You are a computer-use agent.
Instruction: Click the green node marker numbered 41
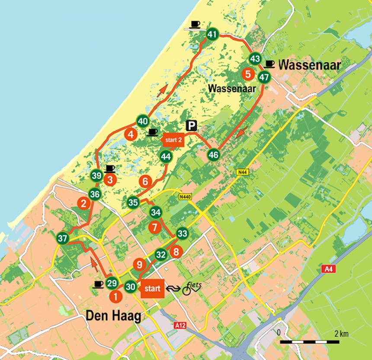point(212,34)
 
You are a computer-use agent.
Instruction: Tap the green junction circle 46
point(213,154)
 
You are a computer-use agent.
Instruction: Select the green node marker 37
point(63,238)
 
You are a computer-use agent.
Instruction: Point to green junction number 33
point(183,234)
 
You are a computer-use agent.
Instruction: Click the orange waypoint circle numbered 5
point(248,74)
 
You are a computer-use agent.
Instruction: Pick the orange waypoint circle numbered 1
point(115,296)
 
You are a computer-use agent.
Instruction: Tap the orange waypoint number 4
point(130,134)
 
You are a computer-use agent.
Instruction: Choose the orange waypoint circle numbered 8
point(176,252)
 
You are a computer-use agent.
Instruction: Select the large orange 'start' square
point(152,288)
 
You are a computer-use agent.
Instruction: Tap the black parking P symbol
point(191,126)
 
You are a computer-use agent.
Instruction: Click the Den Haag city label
point(113,316)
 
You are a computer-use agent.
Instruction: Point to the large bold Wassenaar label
point(310,65)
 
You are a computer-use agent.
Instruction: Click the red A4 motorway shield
point(328,269)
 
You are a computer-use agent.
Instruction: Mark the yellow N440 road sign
point(185,197)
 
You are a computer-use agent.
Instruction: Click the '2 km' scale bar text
point(341,333)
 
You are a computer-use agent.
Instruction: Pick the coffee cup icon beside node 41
point(195,25)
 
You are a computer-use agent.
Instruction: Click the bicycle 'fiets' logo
point(192,288)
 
